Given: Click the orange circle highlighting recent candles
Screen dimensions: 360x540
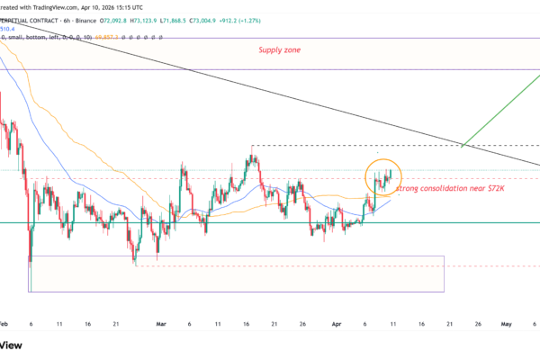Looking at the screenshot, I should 383,177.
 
